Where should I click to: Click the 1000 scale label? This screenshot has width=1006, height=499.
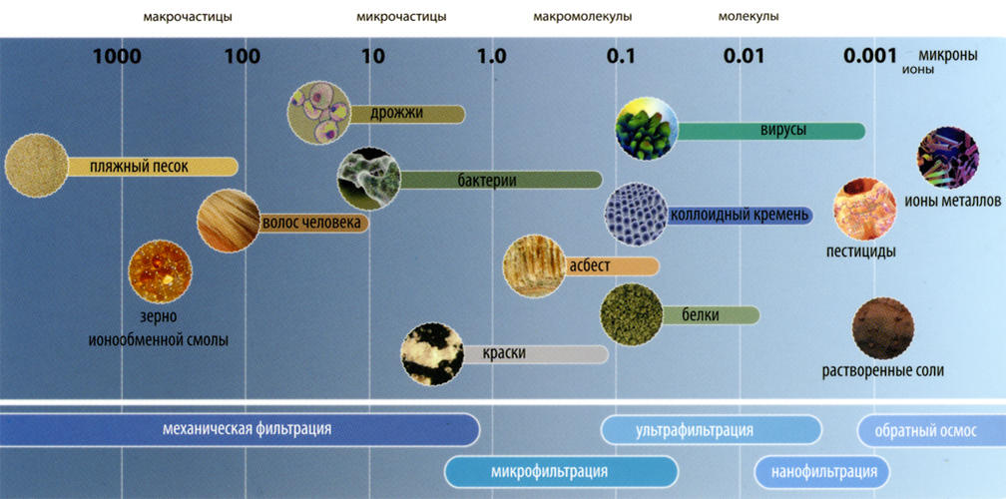[117, 57]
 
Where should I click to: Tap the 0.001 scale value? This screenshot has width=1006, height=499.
[870, 56]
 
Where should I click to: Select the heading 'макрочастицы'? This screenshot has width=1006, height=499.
[188, 17]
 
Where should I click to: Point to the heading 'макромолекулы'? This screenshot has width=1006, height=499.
[583, 17]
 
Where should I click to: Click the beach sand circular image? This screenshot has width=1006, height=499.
[36, 166]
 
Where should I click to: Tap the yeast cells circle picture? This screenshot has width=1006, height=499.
[319, 113]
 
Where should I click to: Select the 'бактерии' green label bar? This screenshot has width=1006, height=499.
[501, 181]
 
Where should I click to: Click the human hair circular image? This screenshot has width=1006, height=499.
[229, 221]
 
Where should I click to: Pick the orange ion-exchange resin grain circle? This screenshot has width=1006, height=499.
[161, 271]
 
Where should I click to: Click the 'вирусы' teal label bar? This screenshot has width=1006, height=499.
[770, 131]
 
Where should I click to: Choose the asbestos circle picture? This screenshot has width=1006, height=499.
[535, 266]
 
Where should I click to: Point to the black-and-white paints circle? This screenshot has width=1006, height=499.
[432, 354]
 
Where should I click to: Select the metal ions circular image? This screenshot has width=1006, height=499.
[948, 158]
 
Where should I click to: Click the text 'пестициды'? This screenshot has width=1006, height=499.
[861, 251]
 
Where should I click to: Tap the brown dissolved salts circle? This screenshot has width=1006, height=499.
[883, 328]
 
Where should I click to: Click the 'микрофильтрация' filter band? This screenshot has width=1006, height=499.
[561, 472]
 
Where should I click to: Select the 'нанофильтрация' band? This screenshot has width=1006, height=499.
[823, 472]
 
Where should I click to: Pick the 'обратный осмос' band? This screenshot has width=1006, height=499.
[931, 430]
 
